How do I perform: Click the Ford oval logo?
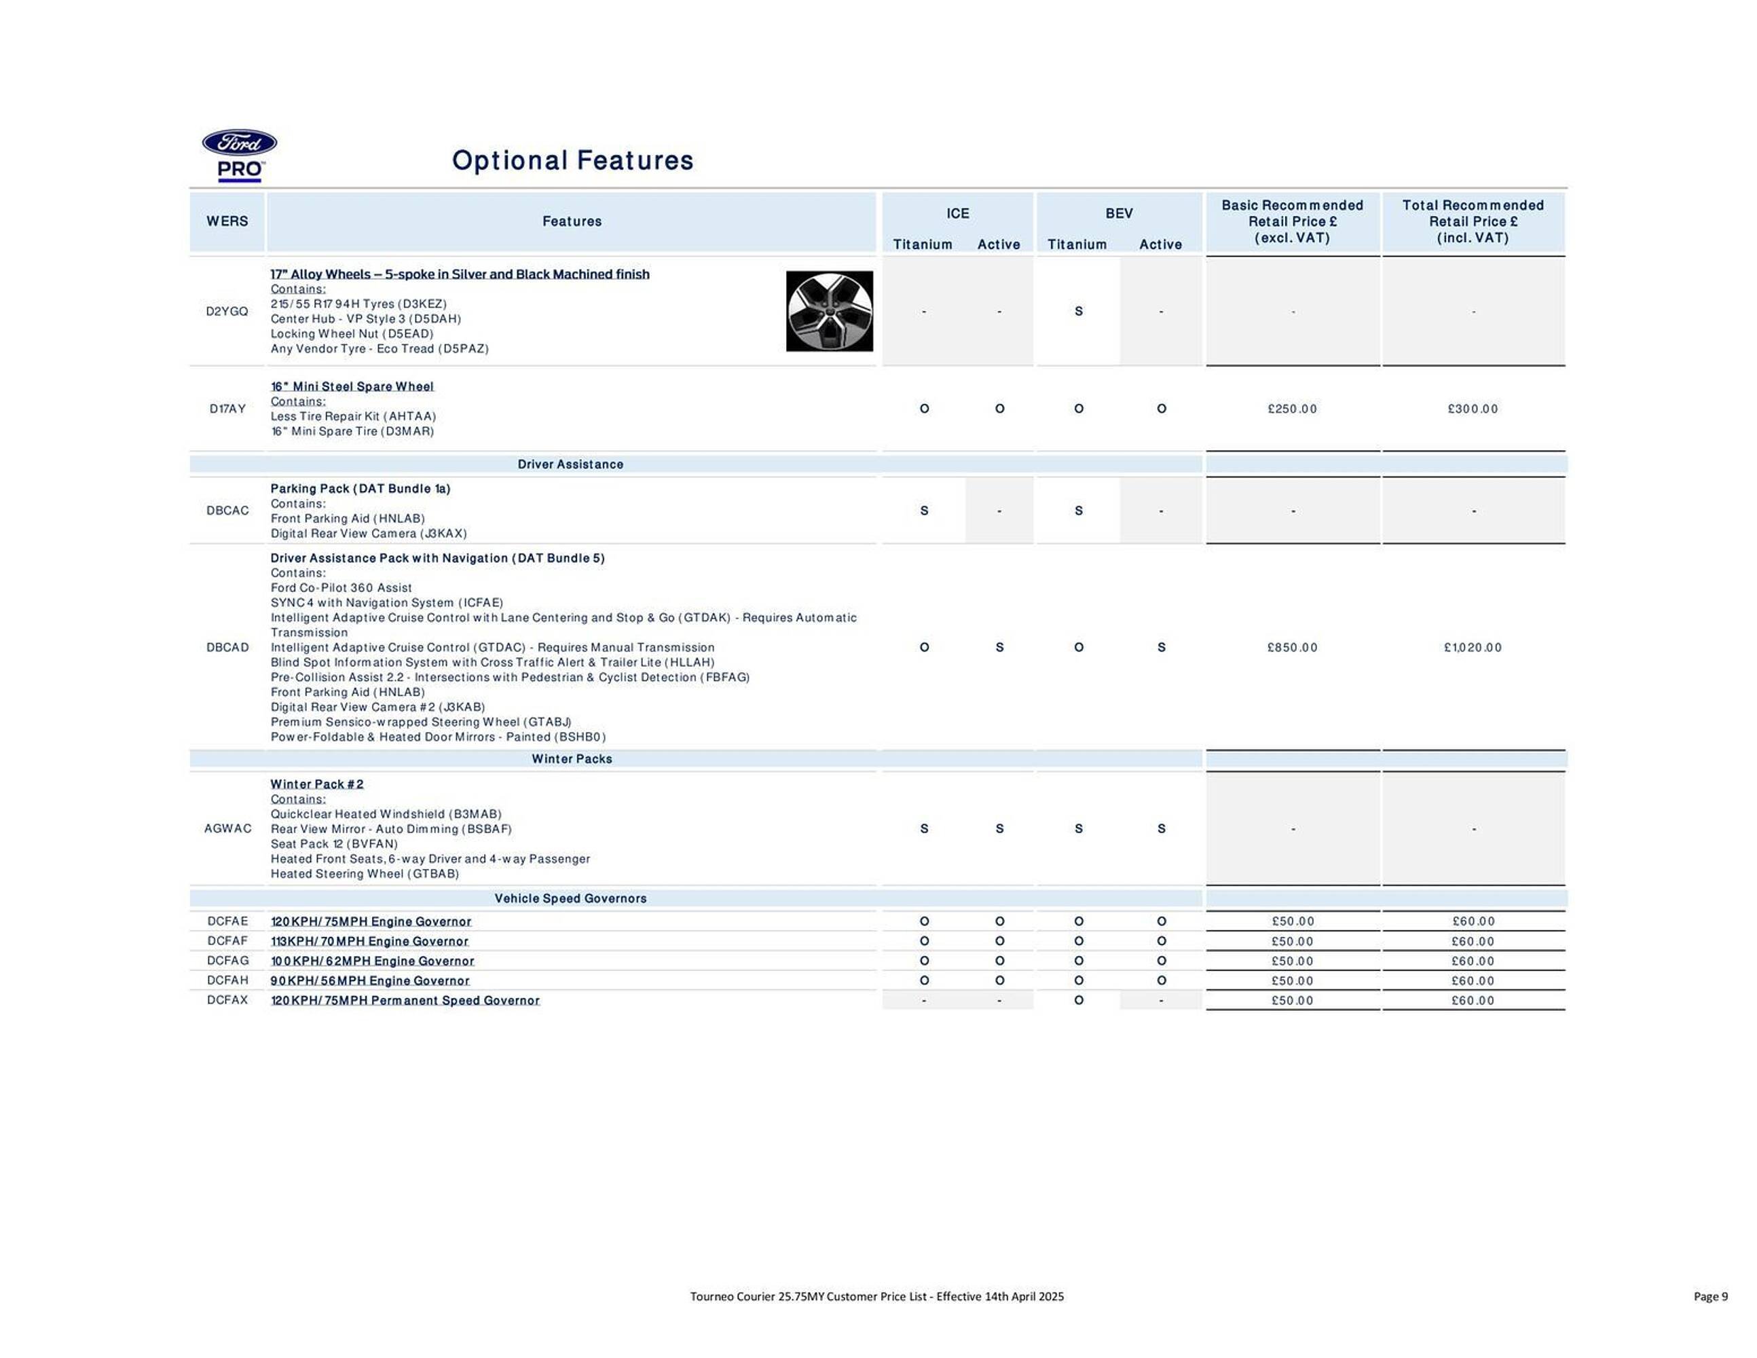pos(239,143)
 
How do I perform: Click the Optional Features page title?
pos(572,160)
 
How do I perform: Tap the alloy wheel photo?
pos(829,312)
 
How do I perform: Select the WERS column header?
pos(227,221)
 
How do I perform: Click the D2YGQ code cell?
pos(227,312)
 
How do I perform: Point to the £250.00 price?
pos(1292,409)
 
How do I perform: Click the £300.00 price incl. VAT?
pos(1473,409)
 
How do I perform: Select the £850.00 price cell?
pos(1292,648)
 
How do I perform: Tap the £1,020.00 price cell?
pos(1473,648)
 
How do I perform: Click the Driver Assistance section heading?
pos(570,464)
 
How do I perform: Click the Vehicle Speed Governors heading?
pos(570,898)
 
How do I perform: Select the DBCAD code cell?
pos(227,648)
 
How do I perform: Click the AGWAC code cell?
pos(227,828)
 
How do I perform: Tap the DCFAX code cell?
pos(227,1000)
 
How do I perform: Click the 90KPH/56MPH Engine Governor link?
pos(370,980)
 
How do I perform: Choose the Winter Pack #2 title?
pos(317,784)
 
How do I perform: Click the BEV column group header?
pos(1118,213)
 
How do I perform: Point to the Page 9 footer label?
pos(1710,1296)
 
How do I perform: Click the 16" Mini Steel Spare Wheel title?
pos(352,387)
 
